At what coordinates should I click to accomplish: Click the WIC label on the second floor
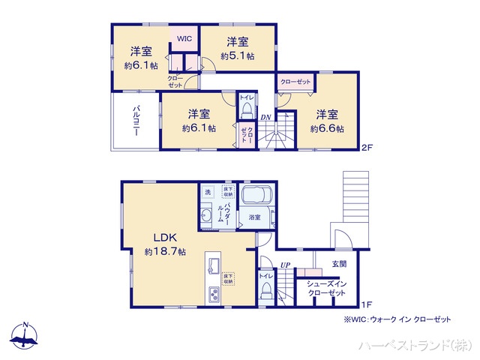coord(184,38)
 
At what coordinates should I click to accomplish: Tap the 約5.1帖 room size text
coord(238,56)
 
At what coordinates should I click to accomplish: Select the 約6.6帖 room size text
coord(327,129)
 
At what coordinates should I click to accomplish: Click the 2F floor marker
coord(366,146)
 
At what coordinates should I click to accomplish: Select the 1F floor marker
coord(366,304)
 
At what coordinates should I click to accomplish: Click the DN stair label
coord(265,117)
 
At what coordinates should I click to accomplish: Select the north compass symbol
coord(25,337)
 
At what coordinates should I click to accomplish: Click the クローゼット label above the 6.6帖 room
coord(295,81)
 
